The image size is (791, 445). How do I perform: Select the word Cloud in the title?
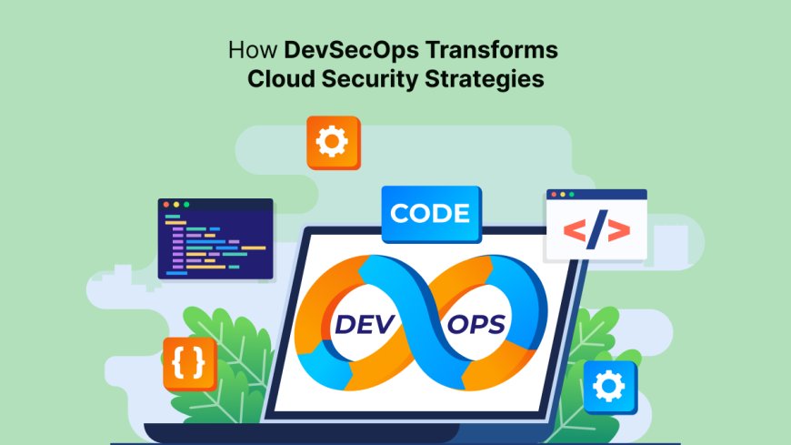click(x=281, y=78)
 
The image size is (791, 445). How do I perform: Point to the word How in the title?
click(x=245, y=48)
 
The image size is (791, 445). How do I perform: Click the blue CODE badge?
click(x=429, y=214)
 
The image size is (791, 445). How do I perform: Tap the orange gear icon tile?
click(x=333, y=142)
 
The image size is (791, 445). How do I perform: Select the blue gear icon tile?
click(x=610, y=387)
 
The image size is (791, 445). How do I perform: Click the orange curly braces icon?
click(x=189, y=363)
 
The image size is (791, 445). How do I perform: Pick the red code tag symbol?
click(x=596, y=232)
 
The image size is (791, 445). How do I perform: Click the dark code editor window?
click(x=215, y=241)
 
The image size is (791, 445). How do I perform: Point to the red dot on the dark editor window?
click(x=166, y=205)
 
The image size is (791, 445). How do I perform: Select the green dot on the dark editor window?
click(x=186, y=205)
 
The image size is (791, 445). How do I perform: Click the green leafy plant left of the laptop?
click(x=223, y=364)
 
